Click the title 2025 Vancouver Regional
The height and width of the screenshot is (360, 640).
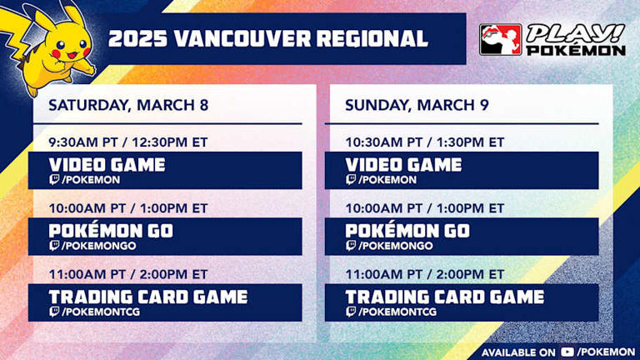(x=268, y=38)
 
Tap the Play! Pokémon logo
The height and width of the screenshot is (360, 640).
(x=552, y=39)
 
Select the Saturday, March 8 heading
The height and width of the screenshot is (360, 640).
(x=127, y=106)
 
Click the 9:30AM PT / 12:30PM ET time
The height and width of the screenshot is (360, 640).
(x=127, y=142)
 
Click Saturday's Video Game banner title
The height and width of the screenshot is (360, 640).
(x=107, y=164)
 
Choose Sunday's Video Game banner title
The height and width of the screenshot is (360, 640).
(x=403, y=164)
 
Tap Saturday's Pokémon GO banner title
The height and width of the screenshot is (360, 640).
(x=110, y=230)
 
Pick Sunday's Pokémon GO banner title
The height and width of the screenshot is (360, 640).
(x=407, y=230)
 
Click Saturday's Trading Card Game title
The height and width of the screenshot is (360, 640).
(x=148, y=296)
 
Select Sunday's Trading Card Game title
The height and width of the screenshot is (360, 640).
(x=445, y=296)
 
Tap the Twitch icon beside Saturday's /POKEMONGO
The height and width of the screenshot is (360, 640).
(x=54, y=246)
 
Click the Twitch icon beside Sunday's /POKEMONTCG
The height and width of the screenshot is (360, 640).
(x=351, y=312)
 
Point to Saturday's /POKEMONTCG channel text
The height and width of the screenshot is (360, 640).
(x=98, y=312)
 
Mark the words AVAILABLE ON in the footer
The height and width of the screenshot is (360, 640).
(x=517, y=351)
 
